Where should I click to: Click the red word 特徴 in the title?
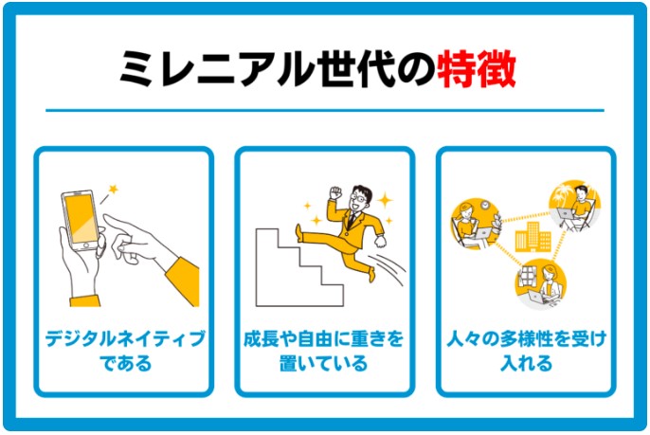[477, 69]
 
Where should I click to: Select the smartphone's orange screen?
[81, 219]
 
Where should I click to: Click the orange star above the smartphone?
[113, 190]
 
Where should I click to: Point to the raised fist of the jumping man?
[335, 192]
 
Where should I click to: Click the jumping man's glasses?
[359, 199]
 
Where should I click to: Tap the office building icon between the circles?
[533, 237]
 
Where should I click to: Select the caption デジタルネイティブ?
[125, 338]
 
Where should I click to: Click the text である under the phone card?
[126, 363]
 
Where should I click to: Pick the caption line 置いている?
[323, 363]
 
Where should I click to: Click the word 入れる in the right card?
[527, 363]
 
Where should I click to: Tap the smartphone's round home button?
[86, 245]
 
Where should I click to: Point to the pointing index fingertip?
[105, 217]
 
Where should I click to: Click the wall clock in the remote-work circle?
[484, 205]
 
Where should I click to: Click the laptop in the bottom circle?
[537, 297]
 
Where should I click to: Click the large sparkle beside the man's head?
[385, 200]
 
